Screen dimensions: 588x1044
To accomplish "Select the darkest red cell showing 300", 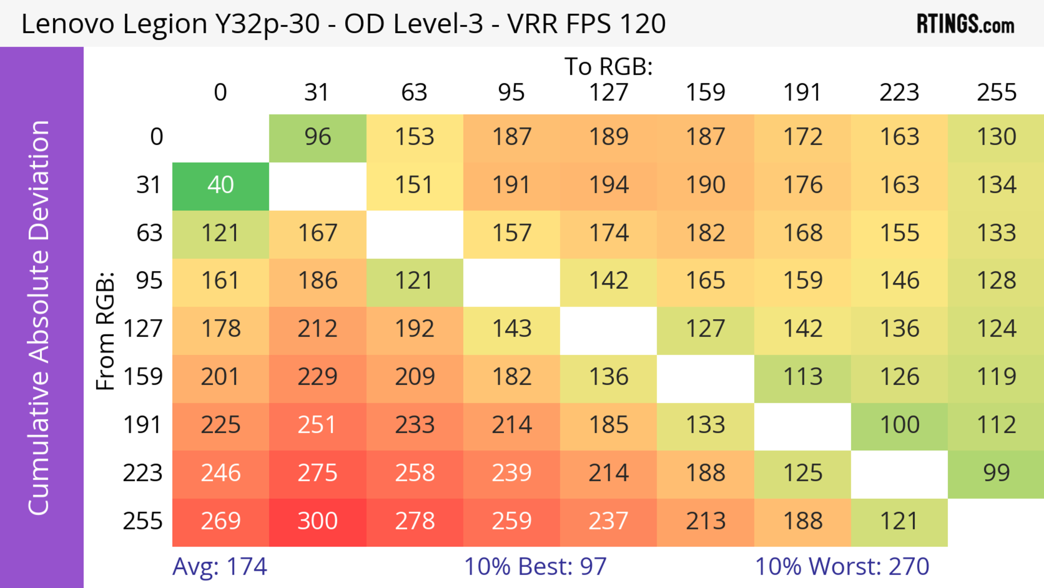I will tap(317, 522).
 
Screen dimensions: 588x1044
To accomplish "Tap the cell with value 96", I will tap(317, 137).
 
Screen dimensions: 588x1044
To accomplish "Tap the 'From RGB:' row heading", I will tap(105, 331).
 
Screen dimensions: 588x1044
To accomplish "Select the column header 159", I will tap(705, 93).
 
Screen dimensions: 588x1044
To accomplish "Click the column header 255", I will tap(996, 93).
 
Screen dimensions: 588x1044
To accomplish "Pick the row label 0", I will tap(156, 137).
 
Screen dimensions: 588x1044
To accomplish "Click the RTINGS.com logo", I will tap(965, 24).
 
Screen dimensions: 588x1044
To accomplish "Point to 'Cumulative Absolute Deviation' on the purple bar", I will tap(39, 318).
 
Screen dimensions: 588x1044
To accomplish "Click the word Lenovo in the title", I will tap(68, 24).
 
